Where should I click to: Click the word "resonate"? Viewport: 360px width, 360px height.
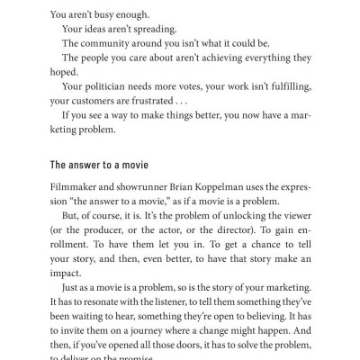112,301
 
